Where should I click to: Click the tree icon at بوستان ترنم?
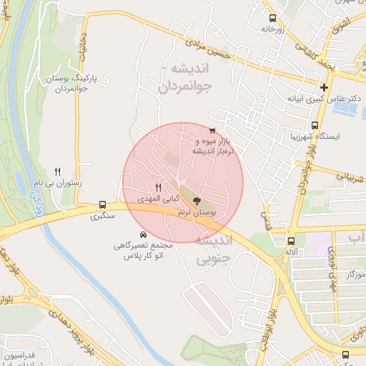pos(197,202)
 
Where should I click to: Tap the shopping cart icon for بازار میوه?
pos(212,130)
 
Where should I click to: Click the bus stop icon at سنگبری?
pos(103,204)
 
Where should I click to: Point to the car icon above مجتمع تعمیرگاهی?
pos(143,234)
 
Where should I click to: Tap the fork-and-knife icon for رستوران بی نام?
pos(58,172)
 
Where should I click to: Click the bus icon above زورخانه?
pos(271,18)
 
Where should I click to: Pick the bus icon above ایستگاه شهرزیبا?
pos(315,125)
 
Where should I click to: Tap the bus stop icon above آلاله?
pos(291,241)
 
